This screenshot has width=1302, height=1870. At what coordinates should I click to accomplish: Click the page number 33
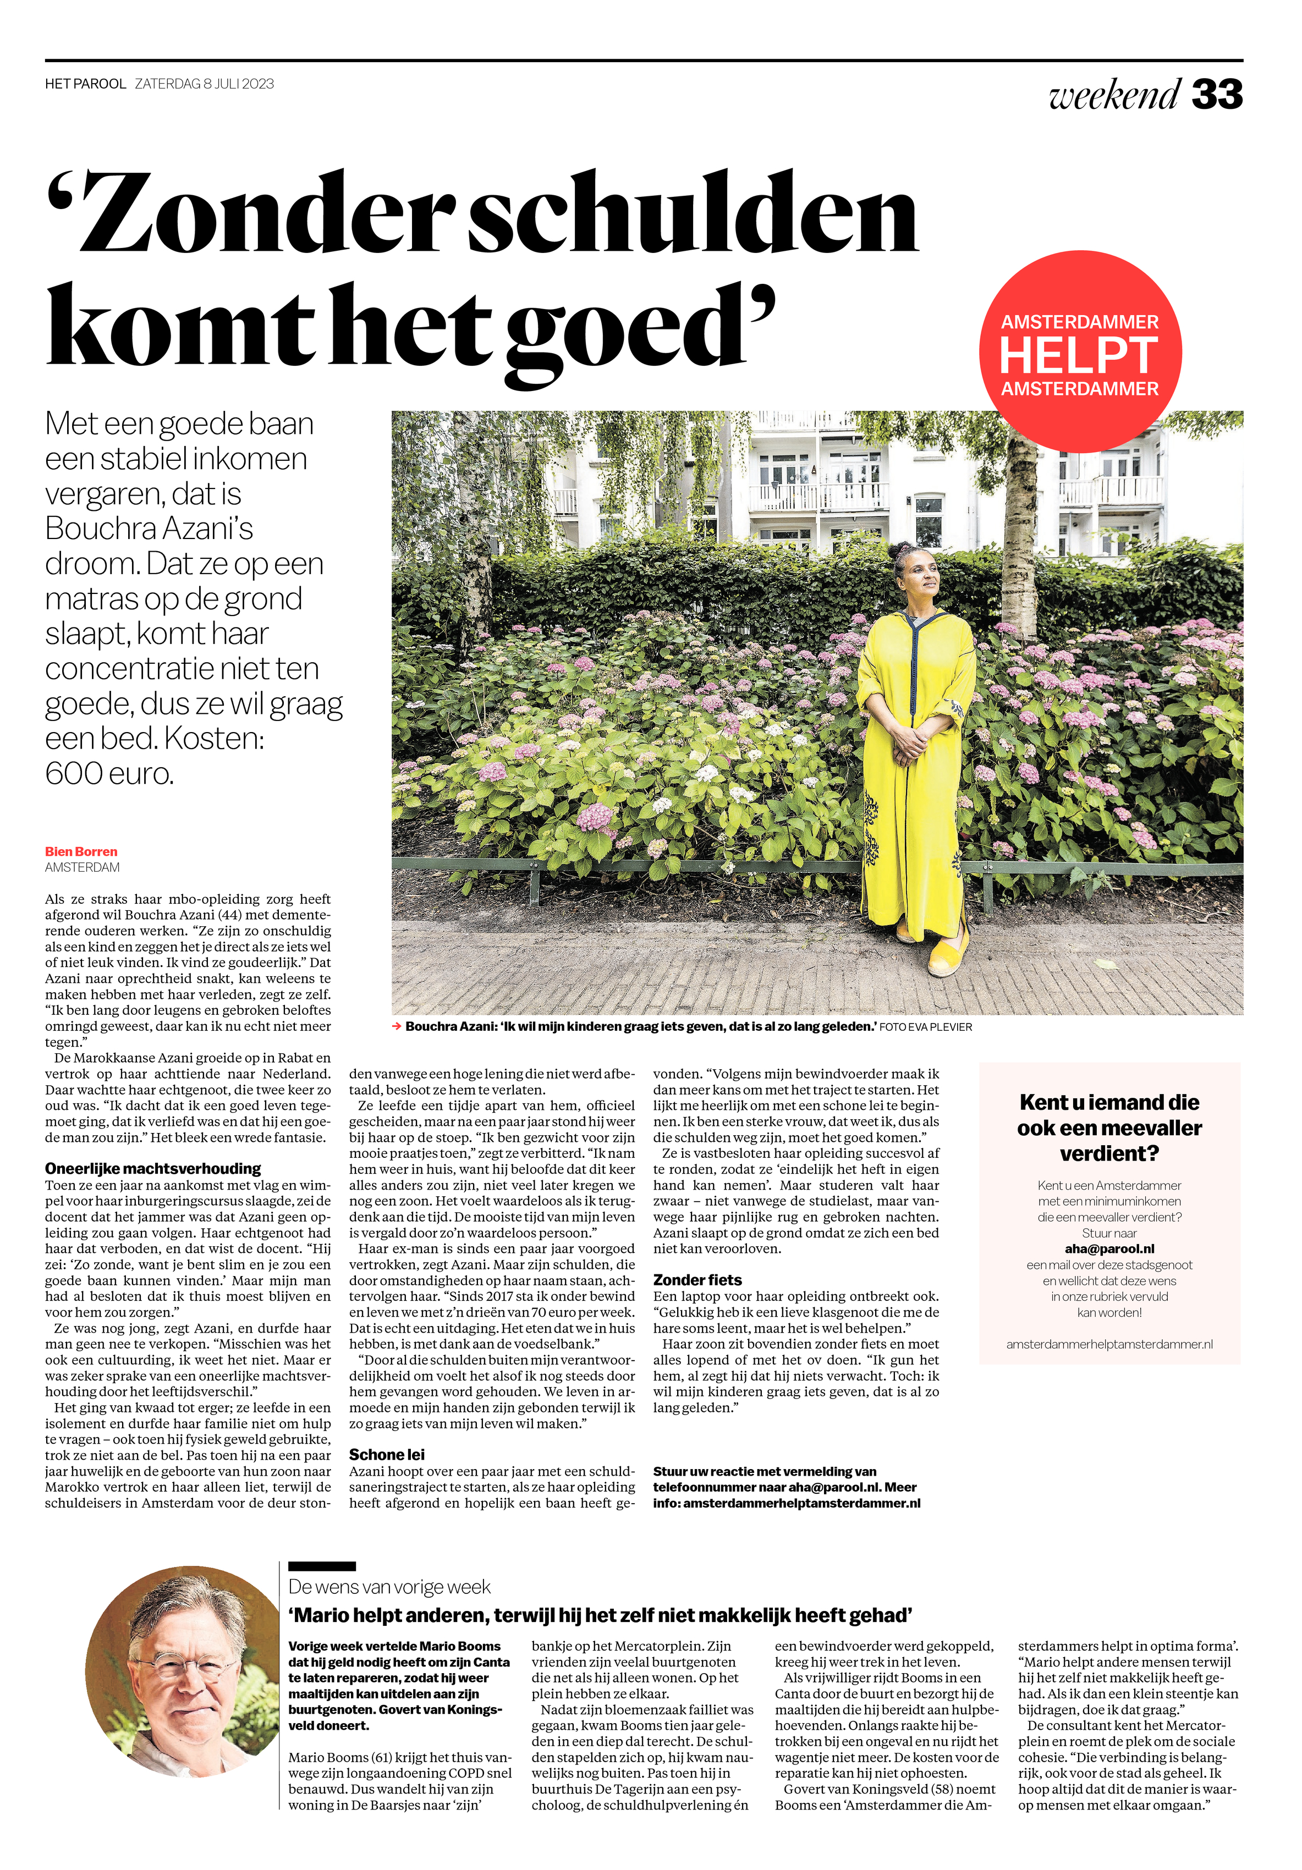click(1217, 95)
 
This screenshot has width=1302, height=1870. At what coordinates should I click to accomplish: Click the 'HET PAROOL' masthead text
click(86, 84)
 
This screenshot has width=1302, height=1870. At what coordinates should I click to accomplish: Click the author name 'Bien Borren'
click(81, 851)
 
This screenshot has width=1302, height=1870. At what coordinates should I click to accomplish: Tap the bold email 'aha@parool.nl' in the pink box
click(1109, 1248)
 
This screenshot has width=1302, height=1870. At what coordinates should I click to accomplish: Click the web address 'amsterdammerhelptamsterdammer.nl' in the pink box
click(1109, 1344)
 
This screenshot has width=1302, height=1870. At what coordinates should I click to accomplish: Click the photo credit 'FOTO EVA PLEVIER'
click(926, 1027)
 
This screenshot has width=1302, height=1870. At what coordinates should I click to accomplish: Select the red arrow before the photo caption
click(397, 1027)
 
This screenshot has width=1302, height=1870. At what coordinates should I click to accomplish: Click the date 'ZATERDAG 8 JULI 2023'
click(205, 84)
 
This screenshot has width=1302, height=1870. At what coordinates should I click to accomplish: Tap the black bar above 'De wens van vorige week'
click(322, 1565)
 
